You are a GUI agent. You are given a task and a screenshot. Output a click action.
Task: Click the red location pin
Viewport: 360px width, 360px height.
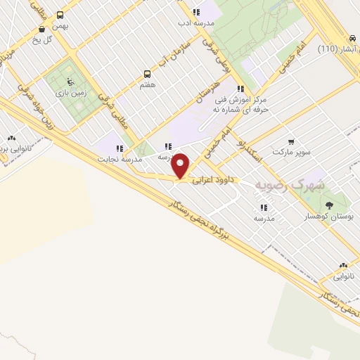point(181,165)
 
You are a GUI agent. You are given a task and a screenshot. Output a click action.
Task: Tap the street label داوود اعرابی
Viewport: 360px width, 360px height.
point(213,180)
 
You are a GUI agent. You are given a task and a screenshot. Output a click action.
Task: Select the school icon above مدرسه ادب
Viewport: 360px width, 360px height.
point(196,12)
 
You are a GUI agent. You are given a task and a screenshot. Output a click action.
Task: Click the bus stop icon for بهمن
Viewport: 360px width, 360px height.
point(60,15)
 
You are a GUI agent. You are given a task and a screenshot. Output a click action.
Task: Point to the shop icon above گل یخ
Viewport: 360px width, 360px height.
point(44,29)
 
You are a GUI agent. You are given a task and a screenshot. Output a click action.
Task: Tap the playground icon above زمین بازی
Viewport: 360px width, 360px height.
point(68,79)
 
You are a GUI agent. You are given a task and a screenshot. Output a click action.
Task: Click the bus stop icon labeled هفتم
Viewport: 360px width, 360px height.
point(147,73)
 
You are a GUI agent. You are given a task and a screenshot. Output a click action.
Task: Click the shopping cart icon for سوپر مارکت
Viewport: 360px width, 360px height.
point(291,141)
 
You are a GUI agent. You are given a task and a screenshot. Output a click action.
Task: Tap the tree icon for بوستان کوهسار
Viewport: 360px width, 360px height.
point(329,205)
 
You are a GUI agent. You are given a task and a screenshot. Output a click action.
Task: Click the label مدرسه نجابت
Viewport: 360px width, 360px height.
point(123,159)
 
